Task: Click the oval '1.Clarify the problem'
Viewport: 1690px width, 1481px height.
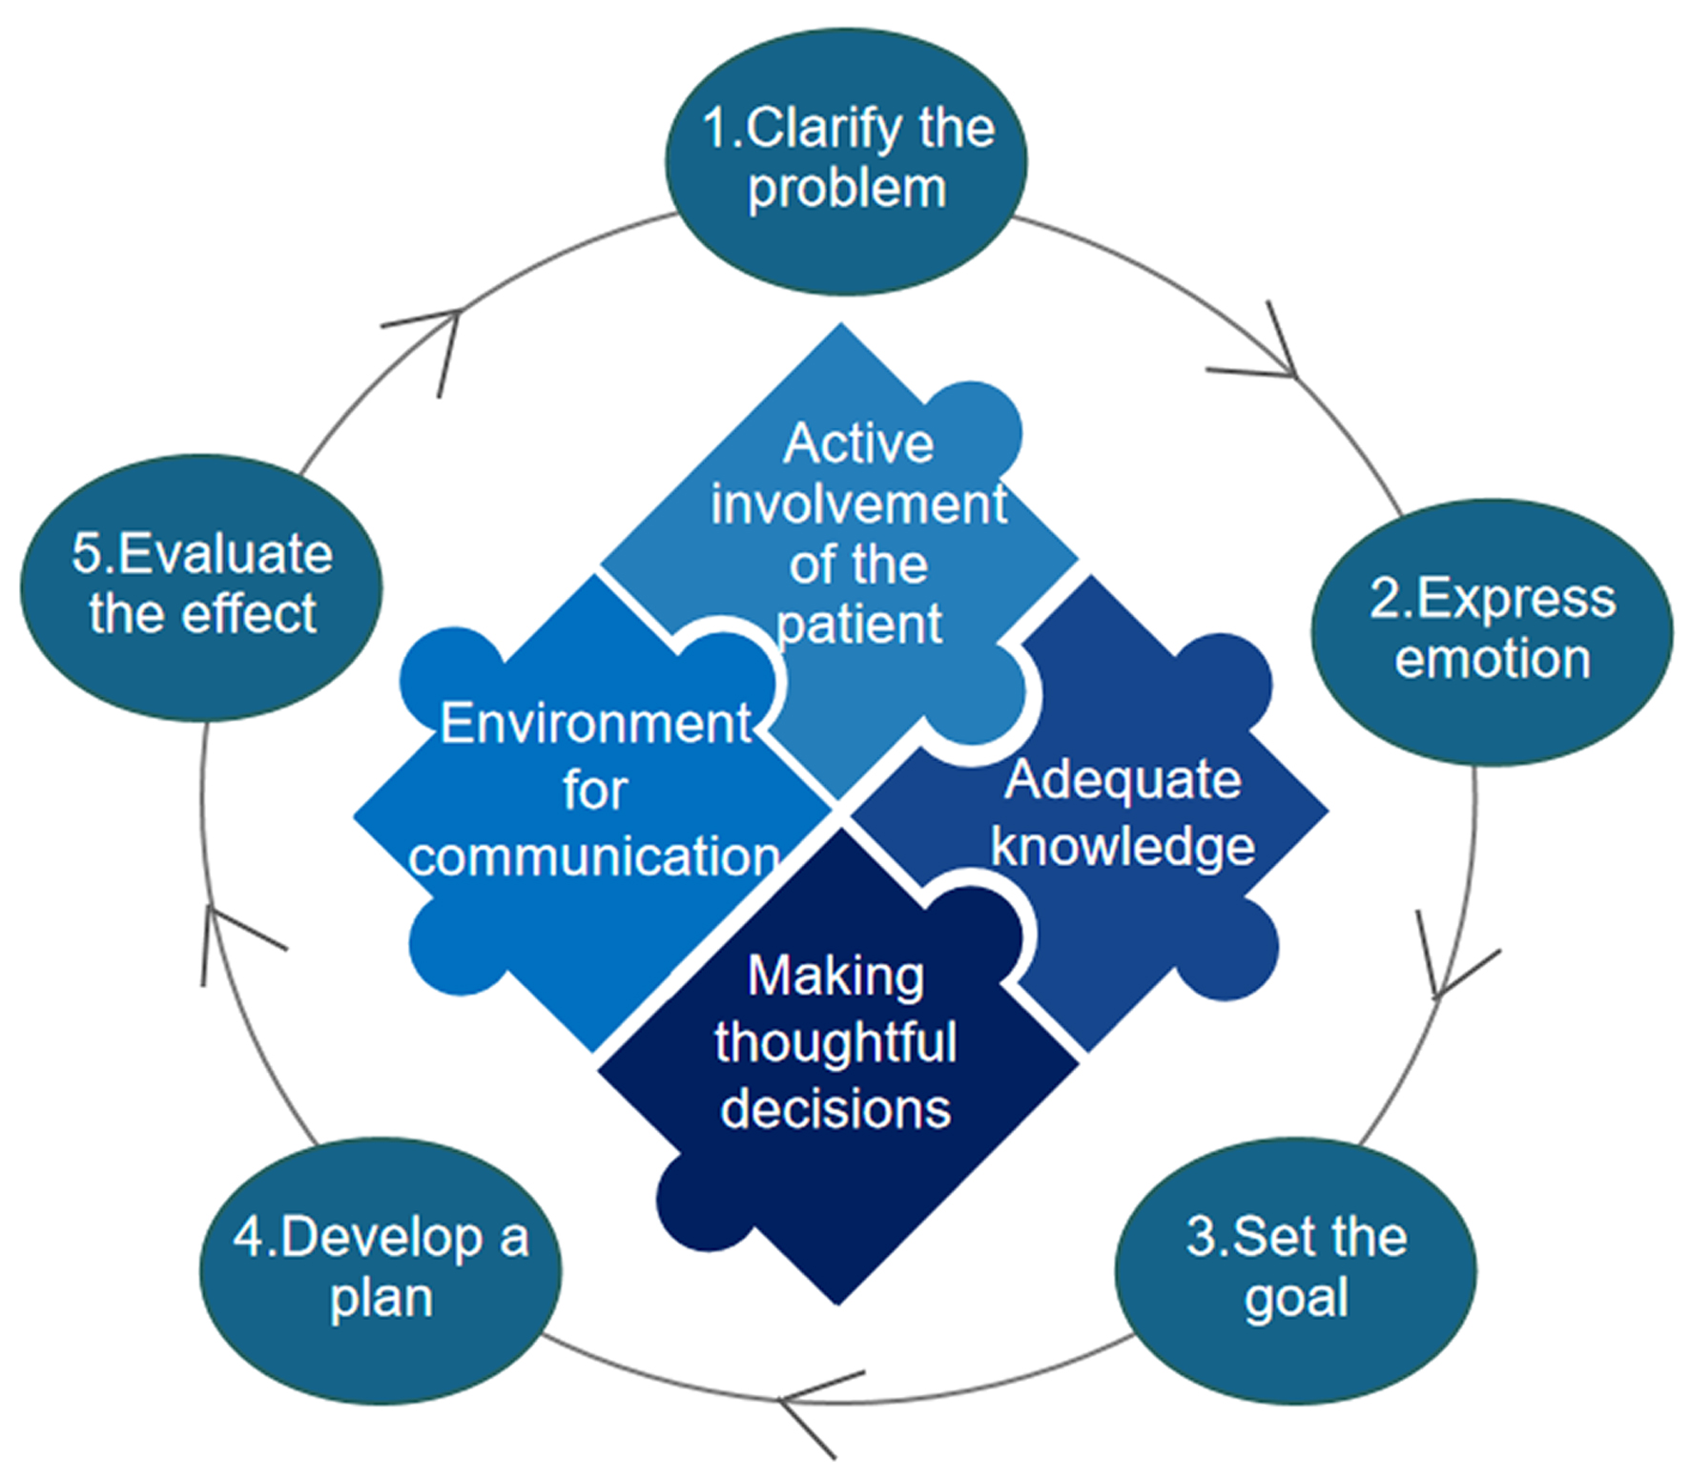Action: coord(846,160)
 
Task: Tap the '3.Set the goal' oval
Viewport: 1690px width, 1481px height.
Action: coord(1295,1269)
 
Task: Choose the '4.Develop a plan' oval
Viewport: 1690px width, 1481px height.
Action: coord(381,1269)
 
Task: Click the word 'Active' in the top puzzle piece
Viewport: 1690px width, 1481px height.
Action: coord(858,443)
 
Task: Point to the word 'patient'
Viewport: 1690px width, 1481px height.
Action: coord(858,625)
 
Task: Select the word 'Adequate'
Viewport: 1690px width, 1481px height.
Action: coord(1123,779)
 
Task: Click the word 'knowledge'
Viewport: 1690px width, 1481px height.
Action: coord(1123,846)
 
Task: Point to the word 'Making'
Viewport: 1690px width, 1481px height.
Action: coord(835,976)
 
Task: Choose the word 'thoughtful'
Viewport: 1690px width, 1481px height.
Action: coord(835,1041)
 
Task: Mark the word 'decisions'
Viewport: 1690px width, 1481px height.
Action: coord(835,1108)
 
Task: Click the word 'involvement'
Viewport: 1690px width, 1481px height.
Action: coord(858,504)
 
